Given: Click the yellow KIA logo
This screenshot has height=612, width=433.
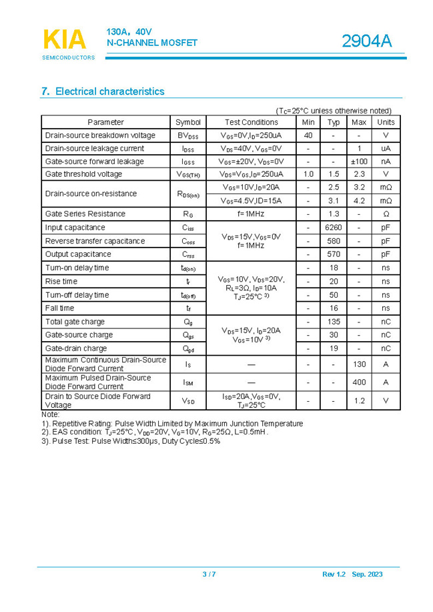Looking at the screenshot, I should click(65, 39).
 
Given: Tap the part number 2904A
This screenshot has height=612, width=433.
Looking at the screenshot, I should click(366, 41).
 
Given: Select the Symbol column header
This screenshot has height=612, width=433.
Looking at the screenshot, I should click(188, 122).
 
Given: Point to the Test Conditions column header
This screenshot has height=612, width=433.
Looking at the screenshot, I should click(251, 122).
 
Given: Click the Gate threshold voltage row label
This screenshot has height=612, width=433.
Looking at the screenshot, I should click(83, 174).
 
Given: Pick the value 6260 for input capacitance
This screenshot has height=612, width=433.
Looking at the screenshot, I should click(333, 228).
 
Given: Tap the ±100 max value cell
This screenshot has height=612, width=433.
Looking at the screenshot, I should click(359, 162).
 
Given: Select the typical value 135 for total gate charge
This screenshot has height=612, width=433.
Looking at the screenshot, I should click(334, 322).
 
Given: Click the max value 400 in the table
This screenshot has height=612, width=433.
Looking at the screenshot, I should click(359, 382).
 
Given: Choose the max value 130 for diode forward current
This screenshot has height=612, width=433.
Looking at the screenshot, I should click(359, 364).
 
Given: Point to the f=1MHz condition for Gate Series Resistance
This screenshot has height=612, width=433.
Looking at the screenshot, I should click(251, 214).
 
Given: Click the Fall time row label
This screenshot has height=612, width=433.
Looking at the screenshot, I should click(60, 308).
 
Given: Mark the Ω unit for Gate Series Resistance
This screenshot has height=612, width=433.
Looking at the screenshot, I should click(386, 214).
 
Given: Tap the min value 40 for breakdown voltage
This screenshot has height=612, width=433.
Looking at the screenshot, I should click(308, 135).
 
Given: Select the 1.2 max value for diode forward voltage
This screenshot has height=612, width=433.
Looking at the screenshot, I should click(359, 400).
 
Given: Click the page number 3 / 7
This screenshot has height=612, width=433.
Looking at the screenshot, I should click(209, 575).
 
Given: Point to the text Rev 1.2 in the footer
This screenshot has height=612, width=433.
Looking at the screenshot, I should click(333, 575).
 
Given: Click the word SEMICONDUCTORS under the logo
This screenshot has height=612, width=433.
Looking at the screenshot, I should click(68, 57).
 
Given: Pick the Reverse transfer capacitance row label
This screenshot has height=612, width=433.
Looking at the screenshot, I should click(95, 241).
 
